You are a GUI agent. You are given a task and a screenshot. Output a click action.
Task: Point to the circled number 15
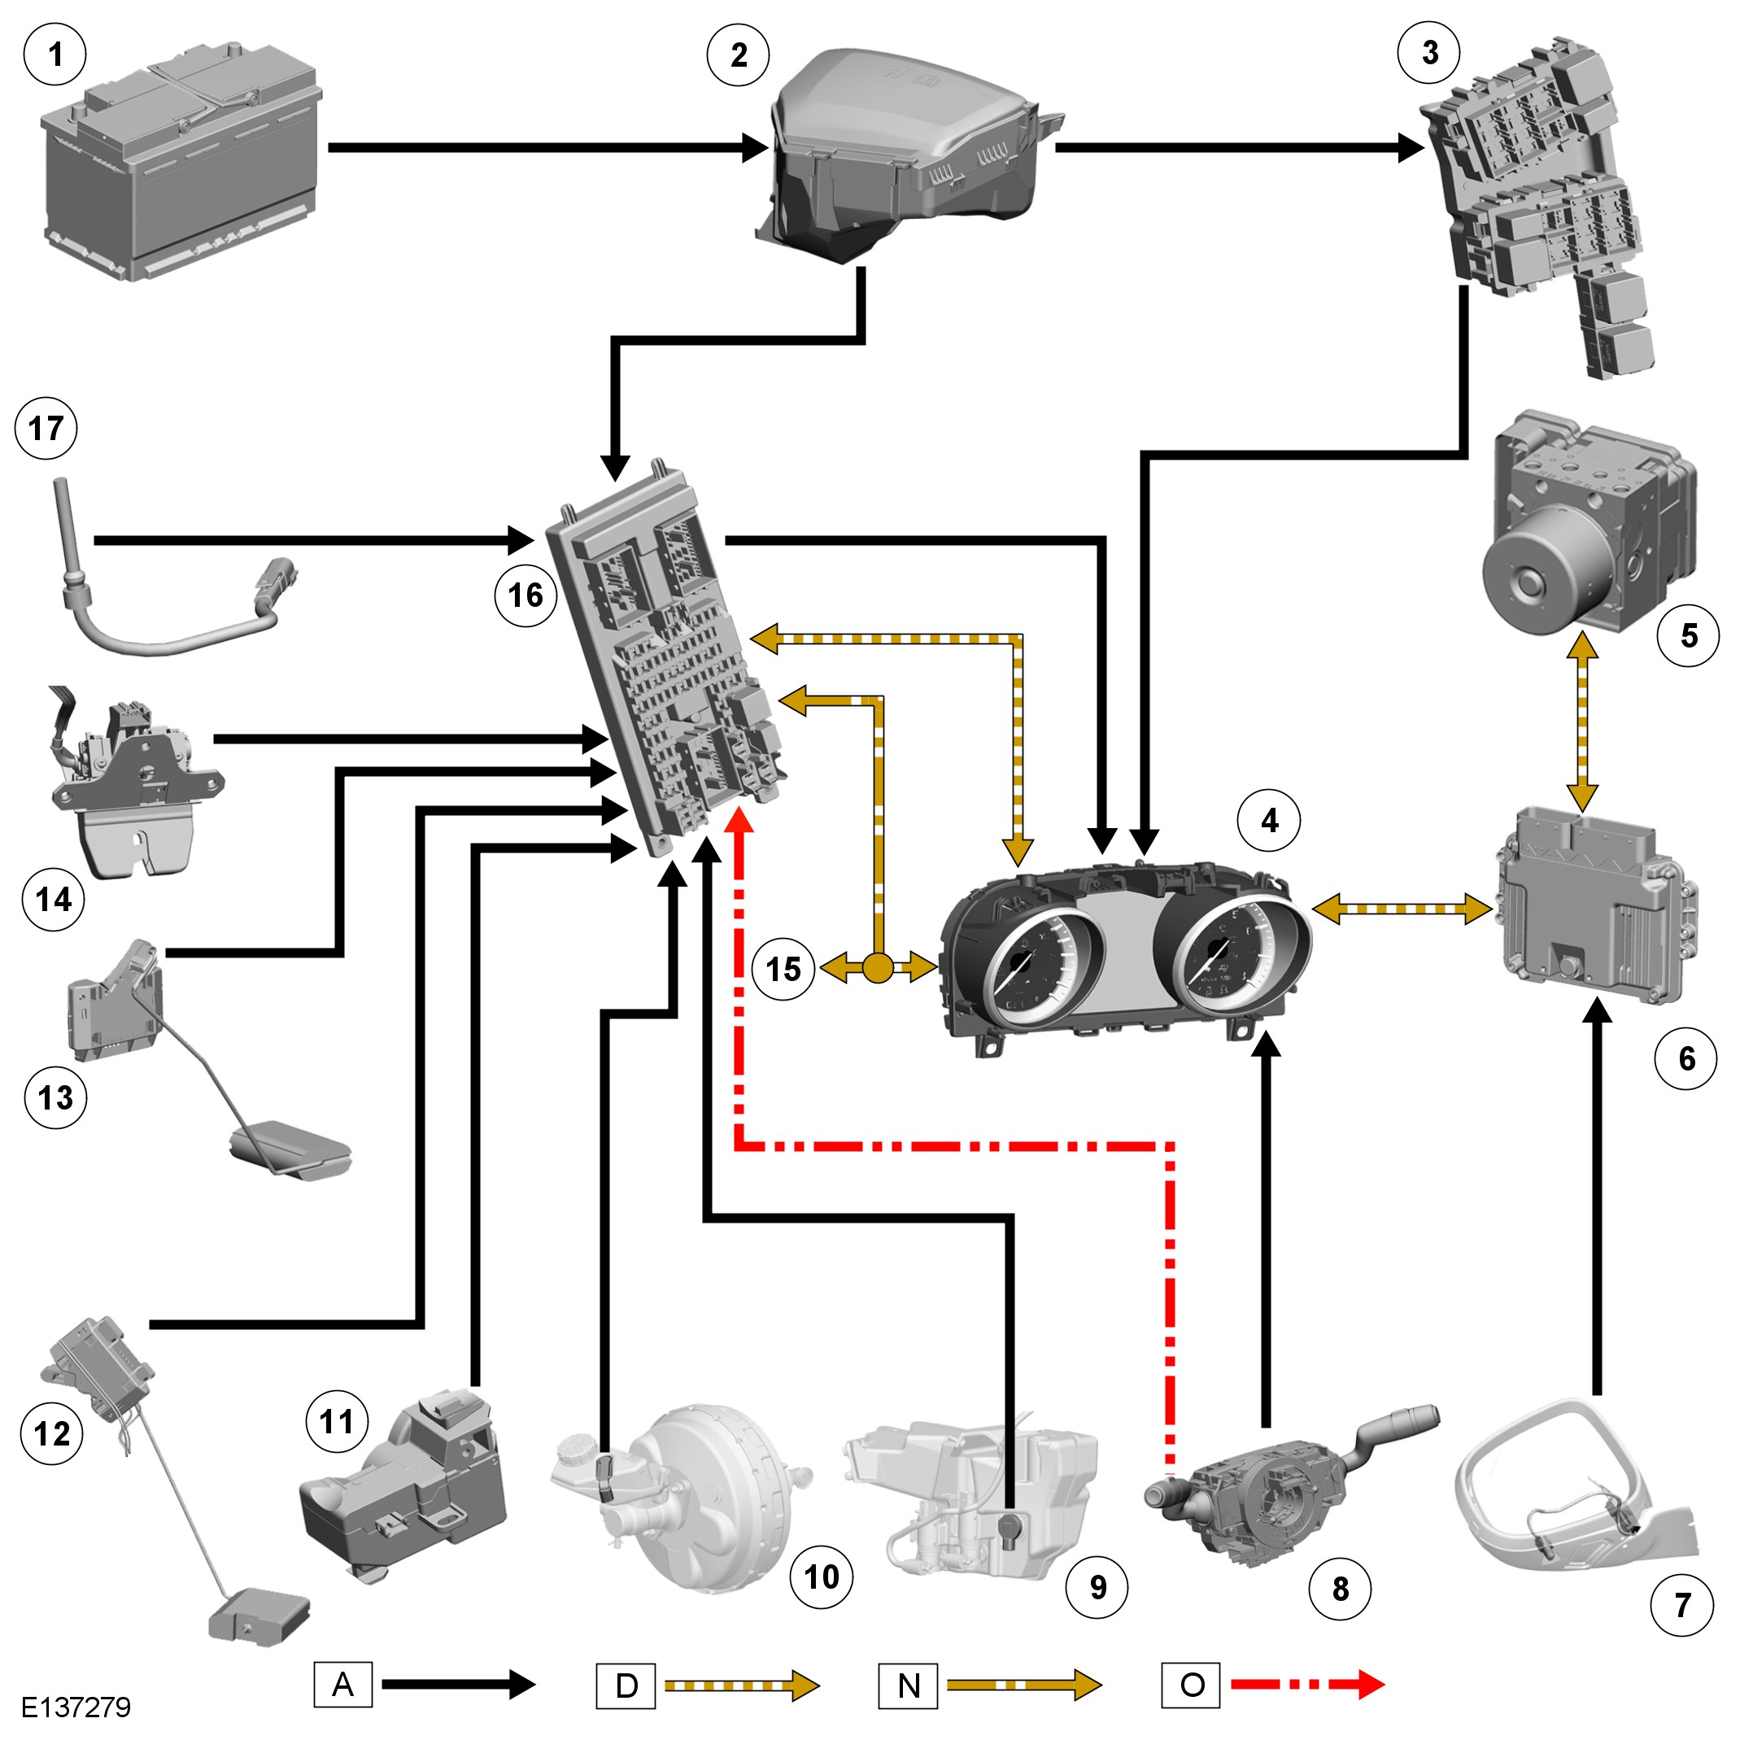[783, 969]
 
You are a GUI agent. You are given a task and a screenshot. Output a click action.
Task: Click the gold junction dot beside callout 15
[878, 968]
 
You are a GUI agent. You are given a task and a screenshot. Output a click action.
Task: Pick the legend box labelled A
[343, 1684]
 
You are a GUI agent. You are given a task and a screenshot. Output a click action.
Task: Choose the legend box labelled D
[626, 1685]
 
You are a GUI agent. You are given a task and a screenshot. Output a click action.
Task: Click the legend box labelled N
[908, 1685]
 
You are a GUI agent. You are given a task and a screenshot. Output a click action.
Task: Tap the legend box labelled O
[1191, 1684]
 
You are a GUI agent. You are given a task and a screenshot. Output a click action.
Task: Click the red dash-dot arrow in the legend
[1306, 1683]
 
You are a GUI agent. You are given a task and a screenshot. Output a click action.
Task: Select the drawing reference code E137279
[76, 1707]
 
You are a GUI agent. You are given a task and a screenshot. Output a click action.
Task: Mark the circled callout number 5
[1688, 636]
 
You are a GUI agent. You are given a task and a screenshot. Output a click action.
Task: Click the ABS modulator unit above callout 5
[1589, 522]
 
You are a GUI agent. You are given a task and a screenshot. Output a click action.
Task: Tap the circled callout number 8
[1340, 1589]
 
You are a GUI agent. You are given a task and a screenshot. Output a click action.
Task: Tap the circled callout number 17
[46, 428]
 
